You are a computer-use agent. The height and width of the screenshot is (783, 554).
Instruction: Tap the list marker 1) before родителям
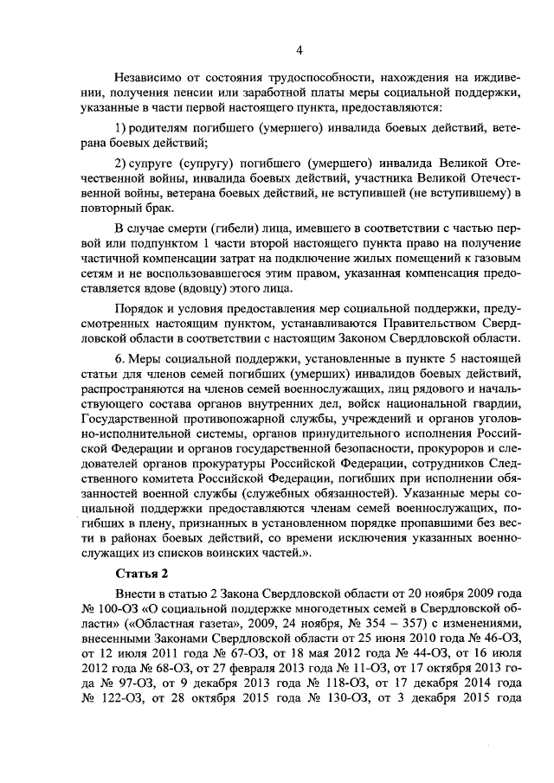pos(122,128)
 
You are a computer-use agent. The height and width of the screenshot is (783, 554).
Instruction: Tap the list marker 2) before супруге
pos(122,164)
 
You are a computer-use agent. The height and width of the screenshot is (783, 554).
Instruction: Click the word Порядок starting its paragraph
pos(140,309)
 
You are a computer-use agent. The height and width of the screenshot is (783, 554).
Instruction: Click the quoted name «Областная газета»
pos(155,633)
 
